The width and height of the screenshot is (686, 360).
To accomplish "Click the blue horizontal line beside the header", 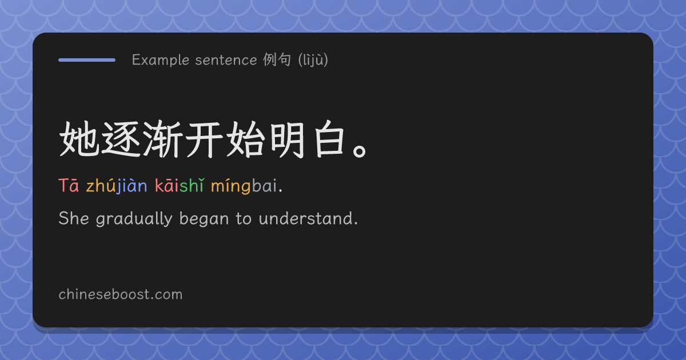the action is [x=87, y=60].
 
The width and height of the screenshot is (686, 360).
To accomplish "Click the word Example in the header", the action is [x=161, y=60].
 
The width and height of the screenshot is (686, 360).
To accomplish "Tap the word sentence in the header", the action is [x=226, y=60].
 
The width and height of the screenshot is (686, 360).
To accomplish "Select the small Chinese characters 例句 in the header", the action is [x=277, y=59].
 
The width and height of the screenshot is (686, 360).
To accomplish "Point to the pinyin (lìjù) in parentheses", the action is [x=313, y=60].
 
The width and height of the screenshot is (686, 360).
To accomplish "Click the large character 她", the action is [x=79, y=139].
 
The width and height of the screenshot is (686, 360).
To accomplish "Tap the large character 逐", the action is [x=121, y=139].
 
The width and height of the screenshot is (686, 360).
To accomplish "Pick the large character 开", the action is [x=205, y=139].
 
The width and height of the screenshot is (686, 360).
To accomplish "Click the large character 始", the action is [x=246, y=139].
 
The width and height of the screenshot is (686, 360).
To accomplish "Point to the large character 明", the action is [x=288, y=139].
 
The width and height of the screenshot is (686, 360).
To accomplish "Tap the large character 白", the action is [x=329, y=139].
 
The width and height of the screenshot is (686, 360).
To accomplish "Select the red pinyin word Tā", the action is [x=69, y=185].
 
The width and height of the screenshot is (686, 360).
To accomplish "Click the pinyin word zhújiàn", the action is [x=117, y=186].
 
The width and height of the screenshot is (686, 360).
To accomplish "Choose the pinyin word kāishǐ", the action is [x=179, y=185].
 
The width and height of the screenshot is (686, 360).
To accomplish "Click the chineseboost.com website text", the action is [x=121, y=294].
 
